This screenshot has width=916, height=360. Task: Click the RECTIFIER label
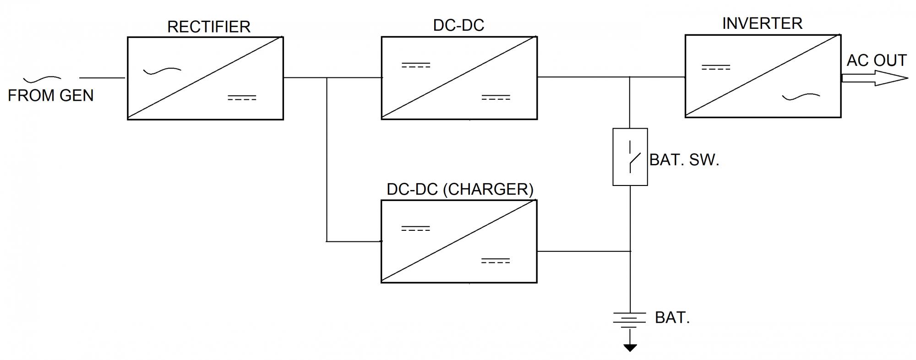tap(209, 27)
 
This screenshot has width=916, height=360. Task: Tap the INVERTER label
tap(762, 23)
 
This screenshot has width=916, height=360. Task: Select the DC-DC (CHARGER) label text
tap(460, 189)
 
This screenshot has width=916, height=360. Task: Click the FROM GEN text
tap(51, 95)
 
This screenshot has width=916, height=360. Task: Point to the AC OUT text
tap(876, 60)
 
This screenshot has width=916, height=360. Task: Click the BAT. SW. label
tap(684, 160)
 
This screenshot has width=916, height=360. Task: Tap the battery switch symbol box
tap(630, 157)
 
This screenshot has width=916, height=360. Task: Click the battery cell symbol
tap(630, 320)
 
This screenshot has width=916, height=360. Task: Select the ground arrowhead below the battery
tap(630, 348)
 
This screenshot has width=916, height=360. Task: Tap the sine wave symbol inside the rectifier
tap(162, 71)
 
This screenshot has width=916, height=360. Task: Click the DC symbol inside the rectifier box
tap(242, 98)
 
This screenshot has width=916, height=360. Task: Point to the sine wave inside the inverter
tap(801, 97)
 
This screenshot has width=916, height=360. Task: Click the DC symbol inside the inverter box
tap(716, 67)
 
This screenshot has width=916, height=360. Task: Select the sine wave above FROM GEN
tap(42, 80)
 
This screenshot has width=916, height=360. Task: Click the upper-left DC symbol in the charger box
tap(415, 228)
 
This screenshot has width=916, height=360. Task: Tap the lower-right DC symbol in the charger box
tap(495, 261)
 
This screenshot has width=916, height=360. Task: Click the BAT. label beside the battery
tap(672, 317)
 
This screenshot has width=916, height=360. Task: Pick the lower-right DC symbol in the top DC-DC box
tap(496, 98)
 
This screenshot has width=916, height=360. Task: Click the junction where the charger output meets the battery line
tap(630, 251)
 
